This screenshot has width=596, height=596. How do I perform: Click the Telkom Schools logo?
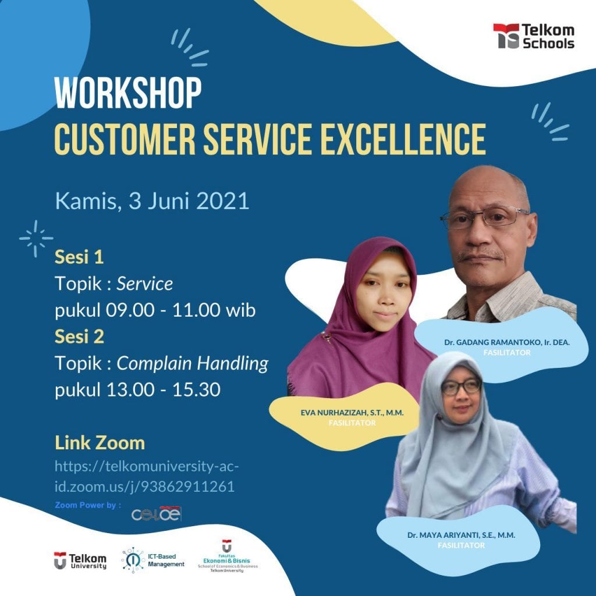(x=533, y=36)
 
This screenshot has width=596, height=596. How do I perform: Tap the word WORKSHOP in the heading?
(x=128, y=93)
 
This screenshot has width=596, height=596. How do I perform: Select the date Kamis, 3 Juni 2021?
(x=152, y=201)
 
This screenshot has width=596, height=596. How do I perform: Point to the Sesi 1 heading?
(x=79, y=257)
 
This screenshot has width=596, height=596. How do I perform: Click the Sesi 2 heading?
(x=79, y=336)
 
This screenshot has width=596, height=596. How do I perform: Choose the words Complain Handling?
(x=193, y=364)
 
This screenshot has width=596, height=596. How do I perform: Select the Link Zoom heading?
(x=100, y=443)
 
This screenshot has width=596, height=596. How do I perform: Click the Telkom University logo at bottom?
(x=80, y=560)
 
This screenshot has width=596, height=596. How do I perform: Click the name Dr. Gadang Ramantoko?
(x=506, y=342)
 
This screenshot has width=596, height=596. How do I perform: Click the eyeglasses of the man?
(x=484, y=218)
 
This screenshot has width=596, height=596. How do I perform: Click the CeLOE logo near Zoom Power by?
(x=157, y=514)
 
